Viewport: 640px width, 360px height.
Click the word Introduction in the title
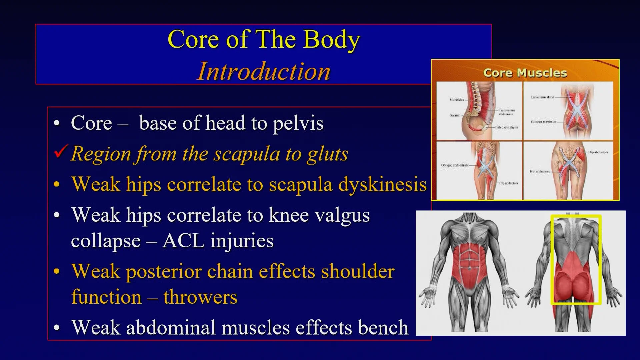click(263, 71)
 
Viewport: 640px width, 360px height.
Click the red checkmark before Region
click(61, 152)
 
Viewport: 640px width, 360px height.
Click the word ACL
click(183, 241)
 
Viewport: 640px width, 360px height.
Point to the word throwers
click(200, 297)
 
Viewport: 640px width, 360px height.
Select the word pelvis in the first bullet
click(298, 123)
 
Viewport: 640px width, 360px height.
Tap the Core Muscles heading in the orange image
click(525, 73)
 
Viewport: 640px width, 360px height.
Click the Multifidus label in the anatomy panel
click(457, 100)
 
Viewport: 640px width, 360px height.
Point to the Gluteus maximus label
click(543, 122)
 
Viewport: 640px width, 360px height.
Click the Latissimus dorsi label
click(542, 97)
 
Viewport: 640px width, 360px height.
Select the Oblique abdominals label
click(455, 165)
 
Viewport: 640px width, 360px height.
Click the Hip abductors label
click(598, 152)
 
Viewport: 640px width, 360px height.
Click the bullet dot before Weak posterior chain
click(57, 271)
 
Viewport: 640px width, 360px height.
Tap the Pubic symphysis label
click(506, 127)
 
